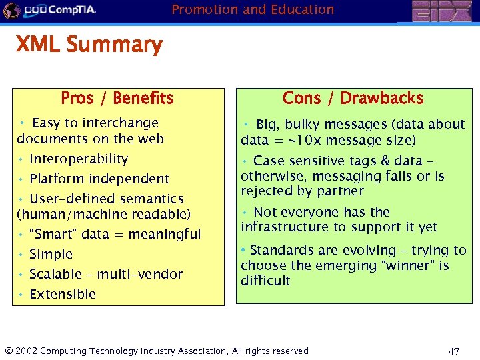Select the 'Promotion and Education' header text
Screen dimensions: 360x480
click(x=253, y=10)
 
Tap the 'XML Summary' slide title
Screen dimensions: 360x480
click(x=89, y=45)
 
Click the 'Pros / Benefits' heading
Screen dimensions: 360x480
click(x=117, y=99)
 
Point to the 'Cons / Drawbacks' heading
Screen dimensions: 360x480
click(x=353, y=99)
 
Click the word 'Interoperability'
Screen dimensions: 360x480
click(x=79, y=159)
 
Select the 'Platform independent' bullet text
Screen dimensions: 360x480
click(x=99, y=179)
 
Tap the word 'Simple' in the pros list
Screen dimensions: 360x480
click(x=51, y=255)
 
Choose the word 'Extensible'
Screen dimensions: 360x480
click(x=63, y=295)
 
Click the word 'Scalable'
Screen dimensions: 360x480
click(x=56, y=275)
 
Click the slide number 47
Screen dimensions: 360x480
click(x=454, y=351)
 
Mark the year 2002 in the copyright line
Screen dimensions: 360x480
click(x=25, y=351)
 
